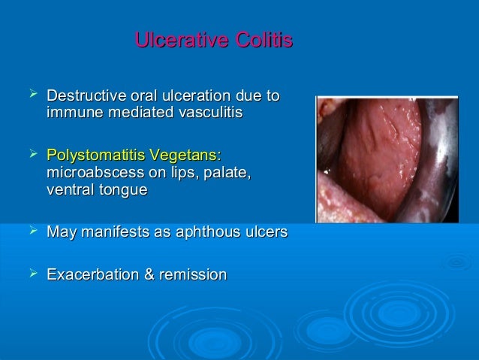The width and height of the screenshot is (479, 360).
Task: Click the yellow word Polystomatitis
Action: click(95, 156)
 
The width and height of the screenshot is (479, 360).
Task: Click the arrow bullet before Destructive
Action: click(32, 95)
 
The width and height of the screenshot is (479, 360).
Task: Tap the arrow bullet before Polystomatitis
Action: click(32, 155)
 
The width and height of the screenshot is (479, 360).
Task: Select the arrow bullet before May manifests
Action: click(32, 232)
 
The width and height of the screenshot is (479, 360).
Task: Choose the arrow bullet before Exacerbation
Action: click(32, 274)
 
